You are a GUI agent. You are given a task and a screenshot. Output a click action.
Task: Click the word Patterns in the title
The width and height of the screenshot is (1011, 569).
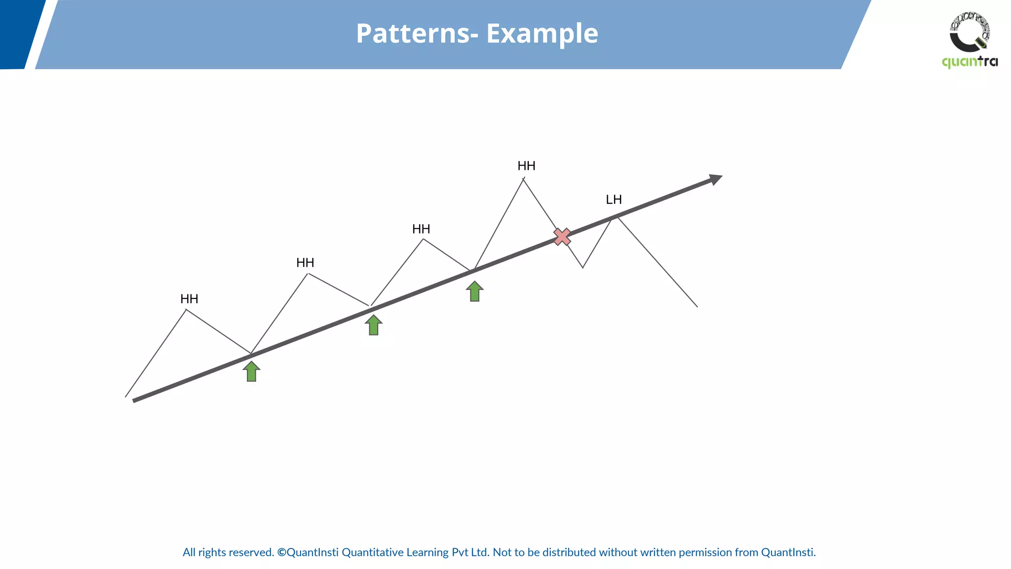click(x=413, y=34)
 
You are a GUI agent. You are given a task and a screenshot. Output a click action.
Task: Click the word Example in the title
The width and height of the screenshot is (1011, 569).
click(x=542, y=34)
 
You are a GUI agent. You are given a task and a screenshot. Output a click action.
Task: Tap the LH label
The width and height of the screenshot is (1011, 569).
click(x=614, y=200)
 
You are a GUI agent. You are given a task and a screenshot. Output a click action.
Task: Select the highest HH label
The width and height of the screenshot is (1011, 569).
click(x=526, y=166)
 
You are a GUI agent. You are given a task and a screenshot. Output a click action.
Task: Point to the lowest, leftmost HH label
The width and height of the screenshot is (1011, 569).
click(x=189, y=299)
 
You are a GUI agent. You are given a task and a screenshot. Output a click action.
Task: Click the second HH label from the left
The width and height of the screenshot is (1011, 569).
click(x=305, y=263)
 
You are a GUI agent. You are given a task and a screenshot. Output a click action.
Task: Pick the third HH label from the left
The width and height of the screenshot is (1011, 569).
click(x=421, y=229)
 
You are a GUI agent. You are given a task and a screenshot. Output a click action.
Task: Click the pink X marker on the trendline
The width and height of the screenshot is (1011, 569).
click(x=562, y=237)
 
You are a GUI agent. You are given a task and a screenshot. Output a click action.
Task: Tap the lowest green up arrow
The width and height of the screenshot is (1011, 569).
click(x=251, y=371)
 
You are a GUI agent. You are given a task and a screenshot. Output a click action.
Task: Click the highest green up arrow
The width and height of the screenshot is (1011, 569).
click(x=474, y=291)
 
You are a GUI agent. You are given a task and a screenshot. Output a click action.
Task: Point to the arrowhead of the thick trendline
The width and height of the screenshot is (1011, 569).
click(x=716, y=179)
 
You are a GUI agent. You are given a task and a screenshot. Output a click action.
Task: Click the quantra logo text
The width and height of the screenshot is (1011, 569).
click(x=970, y=62)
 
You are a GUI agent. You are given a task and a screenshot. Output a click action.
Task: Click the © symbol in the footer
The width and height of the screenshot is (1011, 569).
click(x=281, y=552)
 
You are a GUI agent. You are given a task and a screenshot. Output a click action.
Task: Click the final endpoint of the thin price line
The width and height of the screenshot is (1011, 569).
click(x=697, y=307)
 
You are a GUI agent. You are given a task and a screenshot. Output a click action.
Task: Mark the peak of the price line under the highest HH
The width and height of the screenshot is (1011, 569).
click(x=523, y=179)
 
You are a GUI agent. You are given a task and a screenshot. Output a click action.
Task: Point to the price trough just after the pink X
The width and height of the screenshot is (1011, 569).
click(x=583, y=268)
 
